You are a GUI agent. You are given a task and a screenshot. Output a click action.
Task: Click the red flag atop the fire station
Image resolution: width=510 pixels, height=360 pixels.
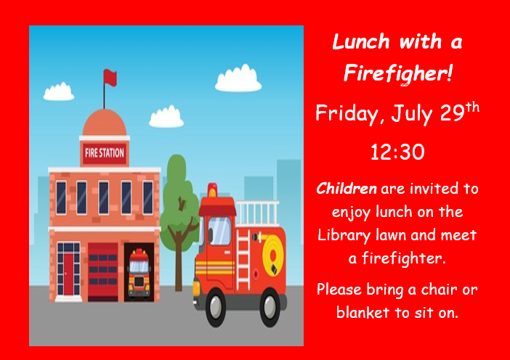click(x=110, y=78)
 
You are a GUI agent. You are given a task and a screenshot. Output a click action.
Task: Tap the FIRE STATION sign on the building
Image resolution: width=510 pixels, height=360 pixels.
click(x=105, y=153)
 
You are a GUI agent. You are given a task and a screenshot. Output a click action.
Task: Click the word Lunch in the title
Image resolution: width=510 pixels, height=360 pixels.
click(x=361, y=42)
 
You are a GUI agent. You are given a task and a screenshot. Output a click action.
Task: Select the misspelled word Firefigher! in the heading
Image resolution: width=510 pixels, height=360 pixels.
click(x=398, y=73)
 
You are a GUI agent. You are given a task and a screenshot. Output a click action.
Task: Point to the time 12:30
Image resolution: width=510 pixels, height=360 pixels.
click(x=397, y=152)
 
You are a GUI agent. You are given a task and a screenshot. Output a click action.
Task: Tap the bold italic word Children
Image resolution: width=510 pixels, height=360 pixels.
click(x=347, y=189)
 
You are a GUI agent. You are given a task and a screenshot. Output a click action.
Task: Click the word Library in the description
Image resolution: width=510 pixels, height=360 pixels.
click(x=344, y=236)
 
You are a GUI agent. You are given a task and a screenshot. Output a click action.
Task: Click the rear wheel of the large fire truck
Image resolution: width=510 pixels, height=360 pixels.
click(x=270, y=306)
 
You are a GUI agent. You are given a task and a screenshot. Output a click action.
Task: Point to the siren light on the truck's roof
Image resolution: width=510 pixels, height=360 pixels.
click(x=212, y=190)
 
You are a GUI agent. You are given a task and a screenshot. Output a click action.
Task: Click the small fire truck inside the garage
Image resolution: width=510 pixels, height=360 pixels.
click(x=139, y=272)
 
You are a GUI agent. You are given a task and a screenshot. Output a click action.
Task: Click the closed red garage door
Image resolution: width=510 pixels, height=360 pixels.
click(x=102, y=271)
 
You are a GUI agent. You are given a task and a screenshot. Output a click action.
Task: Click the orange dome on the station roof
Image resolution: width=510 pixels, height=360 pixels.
click(x=105, y=123)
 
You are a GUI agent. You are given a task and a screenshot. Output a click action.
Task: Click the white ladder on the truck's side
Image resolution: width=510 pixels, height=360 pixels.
click(x=243, y=260)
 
